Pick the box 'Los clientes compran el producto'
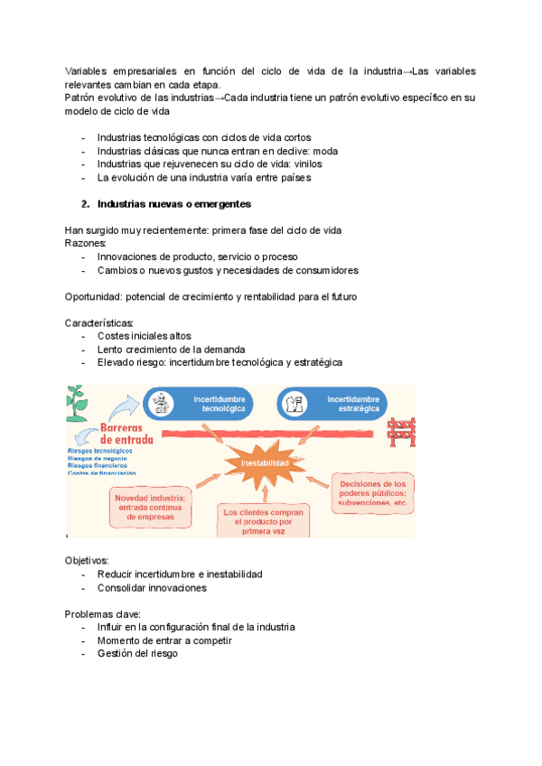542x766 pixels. click(264, 521)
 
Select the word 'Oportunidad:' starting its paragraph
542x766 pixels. click(93, 296)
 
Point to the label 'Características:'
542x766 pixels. click(99, 322)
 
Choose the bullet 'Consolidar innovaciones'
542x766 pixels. click(152, 587)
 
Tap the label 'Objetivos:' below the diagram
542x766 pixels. click(87, 560)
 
